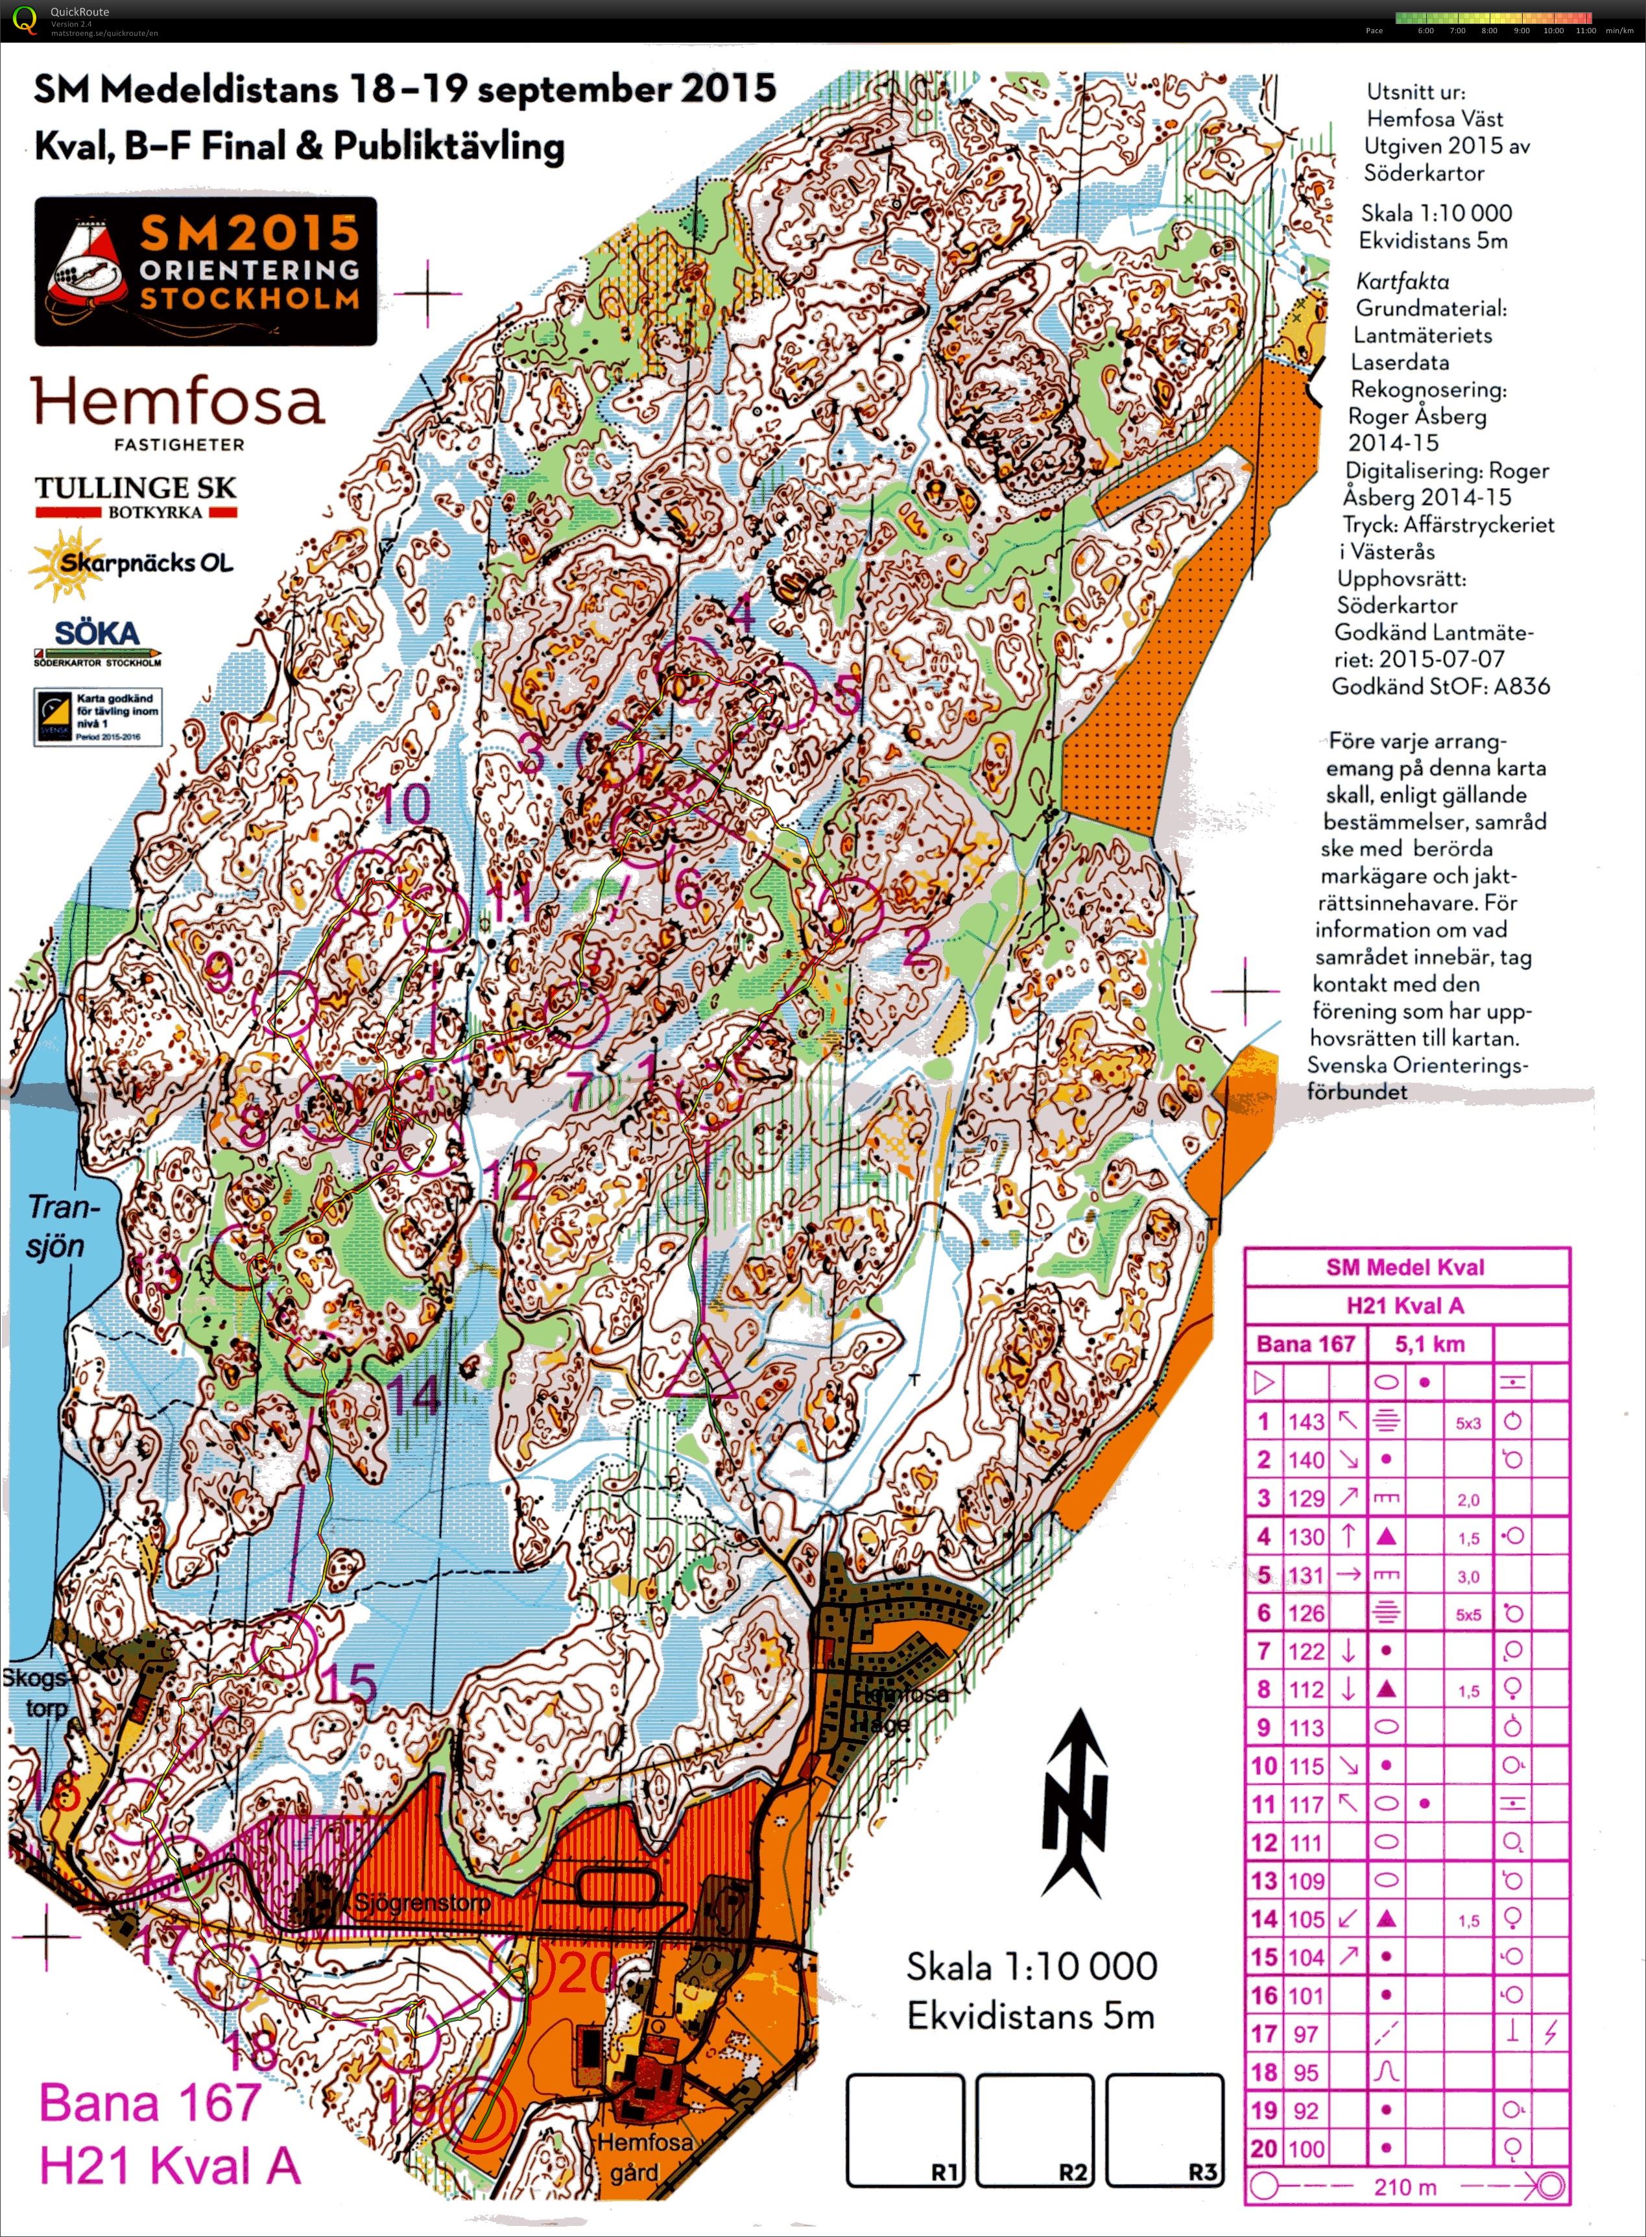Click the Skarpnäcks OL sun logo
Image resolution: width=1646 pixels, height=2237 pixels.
pos(130,563)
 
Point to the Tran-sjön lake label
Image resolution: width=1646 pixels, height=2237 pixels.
pos(57,1226)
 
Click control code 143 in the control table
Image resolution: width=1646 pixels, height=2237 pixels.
pos(1306,1422)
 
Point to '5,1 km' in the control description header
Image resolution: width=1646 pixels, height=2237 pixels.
pos(1430,1344)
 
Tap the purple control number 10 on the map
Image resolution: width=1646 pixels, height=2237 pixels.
pos(405,803)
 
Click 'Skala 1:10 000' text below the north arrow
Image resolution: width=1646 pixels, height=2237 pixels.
pos(1031,1966)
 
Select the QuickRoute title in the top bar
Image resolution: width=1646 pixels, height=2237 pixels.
pos(80,12)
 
